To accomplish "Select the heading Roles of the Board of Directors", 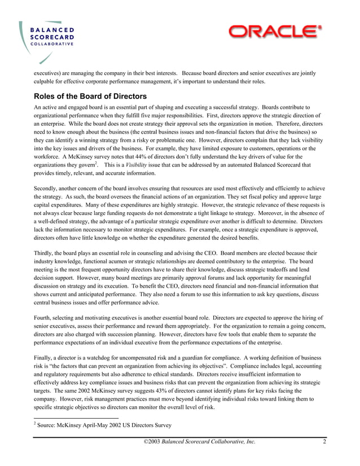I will coord(90,96).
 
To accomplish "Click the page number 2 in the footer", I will coord(324,442).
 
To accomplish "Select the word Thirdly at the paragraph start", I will coord(45,253).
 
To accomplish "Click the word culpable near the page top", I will coord(46,82).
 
